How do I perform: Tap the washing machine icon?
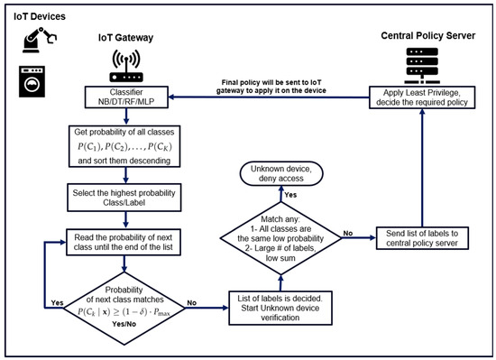pos(32,81)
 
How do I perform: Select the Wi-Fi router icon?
pos(126,66)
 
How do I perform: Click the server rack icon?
pos(422,66)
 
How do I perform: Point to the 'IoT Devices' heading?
pos(40,16)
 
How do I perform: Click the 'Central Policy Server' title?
pos(428,35)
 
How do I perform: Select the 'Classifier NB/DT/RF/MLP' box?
pos(126,97)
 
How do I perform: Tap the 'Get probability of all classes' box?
pos(124,146)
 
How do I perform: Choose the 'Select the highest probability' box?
pos(124,198)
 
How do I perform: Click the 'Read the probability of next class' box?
pos(124,242)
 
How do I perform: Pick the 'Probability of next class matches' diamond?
pos(124,308)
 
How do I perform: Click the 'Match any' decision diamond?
pos(280,238)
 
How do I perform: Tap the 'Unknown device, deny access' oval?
pos(281,173)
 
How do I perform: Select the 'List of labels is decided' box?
pos(280,308)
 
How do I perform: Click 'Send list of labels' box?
pos(422,238)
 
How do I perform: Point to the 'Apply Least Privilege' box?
pos(422,97)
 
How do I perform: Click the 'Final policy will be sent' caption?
pos(271,87)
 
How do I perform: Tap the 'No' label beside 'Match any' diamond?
pos(348,233)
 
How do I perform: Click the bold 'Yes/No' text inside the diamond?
pos(124,324)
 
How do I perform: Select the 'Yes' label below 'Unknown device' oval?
pos(290,195)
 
